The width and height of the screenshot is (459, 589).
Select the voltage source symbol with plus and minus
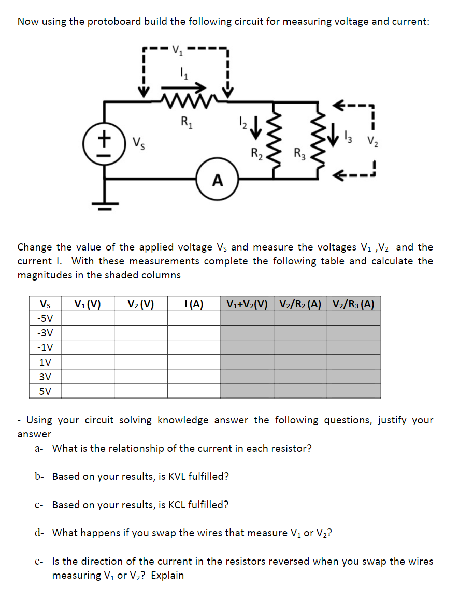click(105, 141)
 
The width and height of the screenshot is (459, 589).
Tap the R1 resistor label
click(185, 122)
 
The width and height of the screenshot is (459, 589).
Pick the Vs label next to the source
click(139, 142)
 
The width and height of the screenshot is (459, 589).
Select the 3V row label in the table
click(46, 376)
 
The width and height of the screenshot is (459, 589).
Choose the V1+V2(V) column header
click(247, 303)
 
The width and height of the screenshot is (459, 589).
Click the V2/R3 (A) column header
click(353, 303)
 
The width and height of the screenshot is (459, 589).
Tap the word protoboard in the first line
click(117, 22)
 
